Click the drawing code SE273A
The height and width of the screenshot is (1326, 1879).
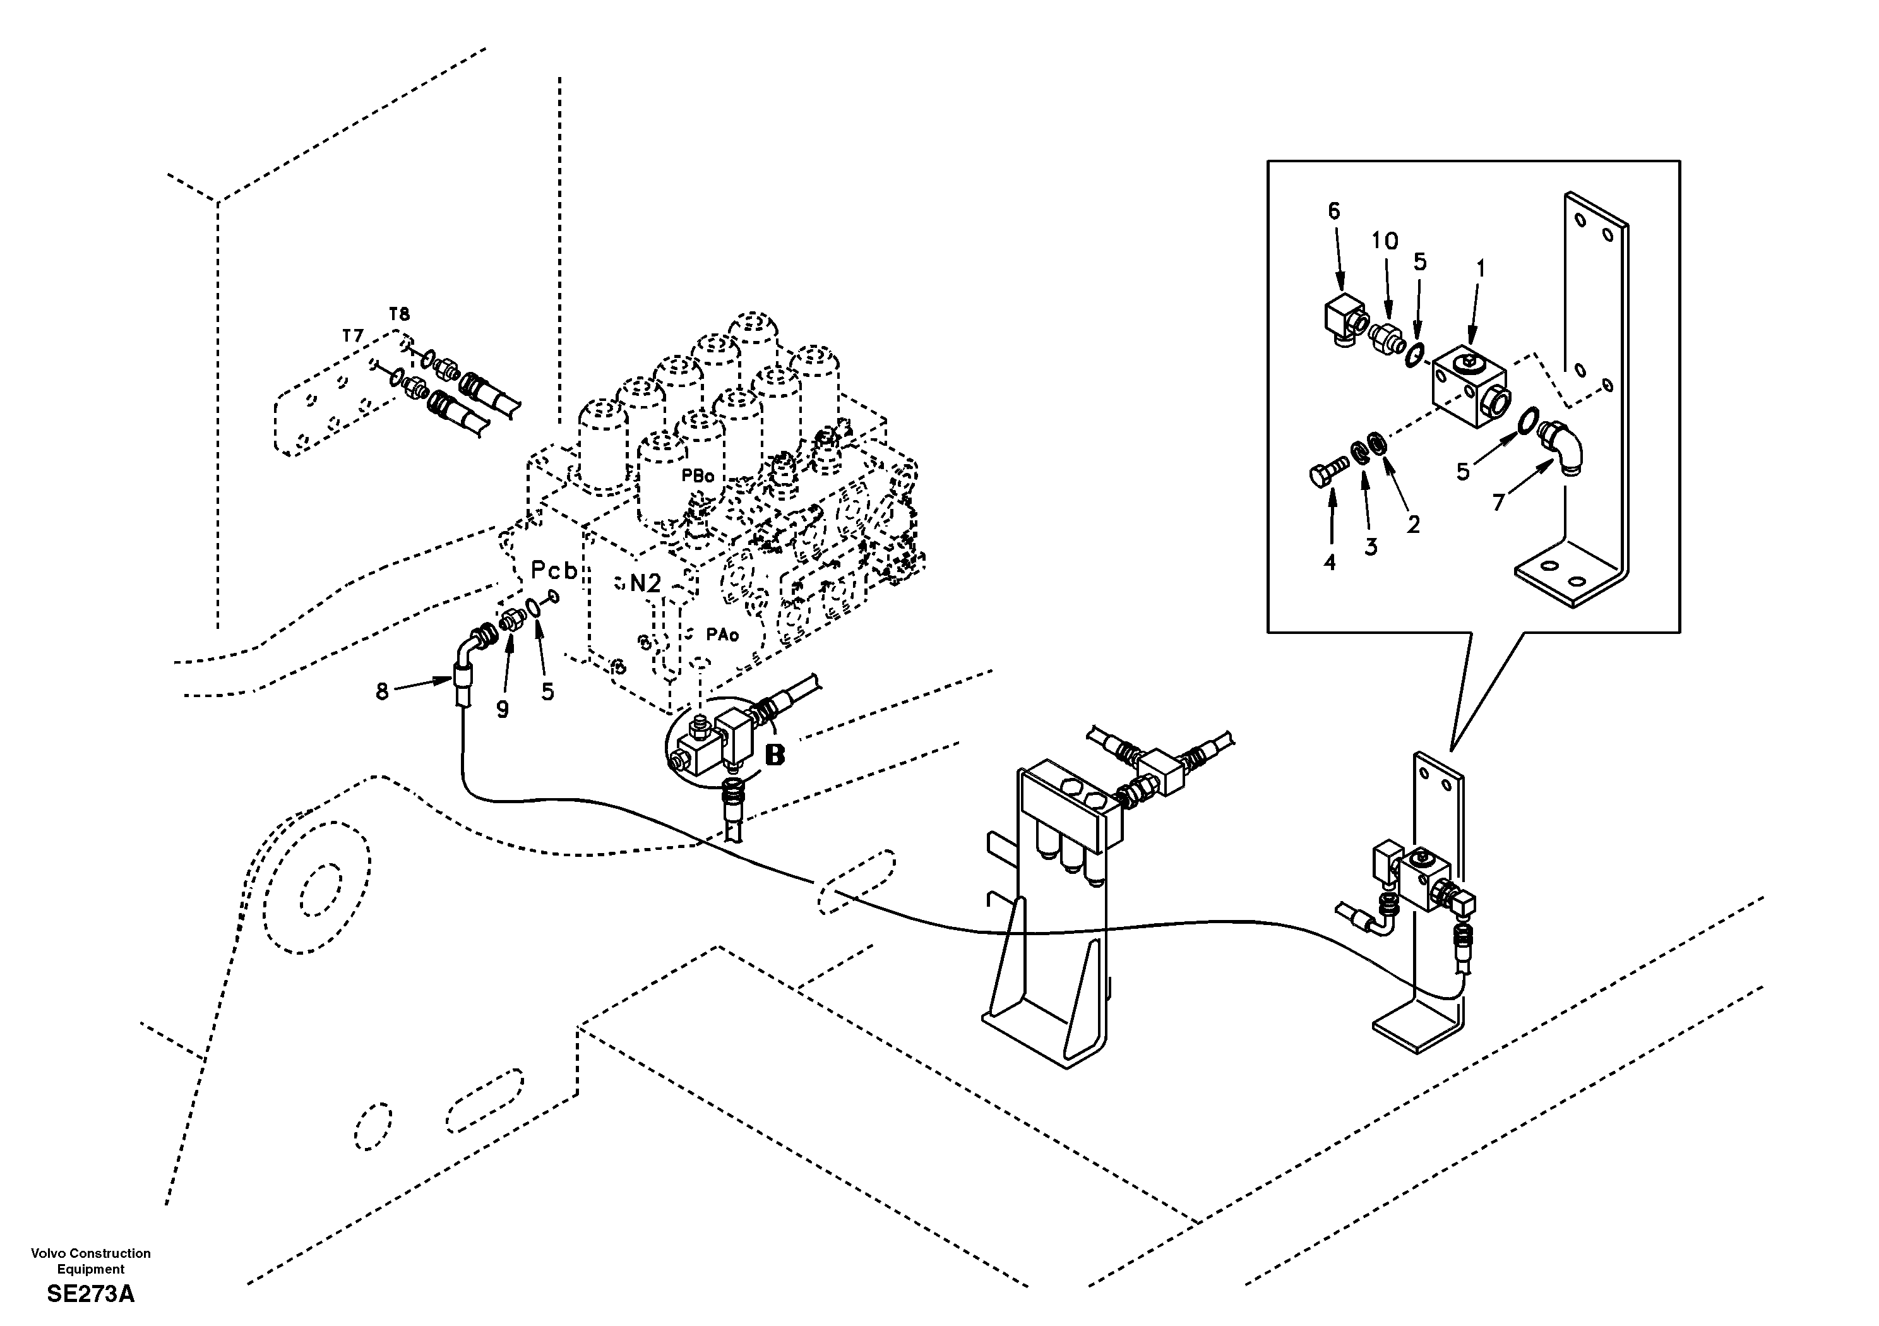(x=90, y=1294)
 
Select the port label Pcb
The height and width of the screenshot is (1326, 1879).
(x=554, y=571)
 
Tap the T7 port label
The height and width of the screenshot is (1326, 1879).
(x=353, y=335)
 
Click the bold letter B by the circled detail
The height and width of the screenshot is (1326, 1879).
(x=774, y=755)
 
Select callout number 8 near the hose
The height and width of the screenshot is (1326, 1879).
(x=381, y=691)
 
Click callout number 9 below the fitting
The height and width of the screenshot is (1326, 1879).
(x=503, y=710)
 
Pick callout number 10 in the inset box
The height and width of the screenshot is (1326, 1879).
(x=1385, y=241)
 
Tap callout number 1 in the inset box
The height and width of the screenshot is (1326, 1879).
(x=1479, y=268)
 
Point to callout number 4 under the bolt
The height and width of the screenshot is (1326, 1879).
(x=1329, y=563)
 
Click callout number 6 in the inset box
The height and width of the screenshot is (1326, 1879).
(x=1334, y=211)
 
